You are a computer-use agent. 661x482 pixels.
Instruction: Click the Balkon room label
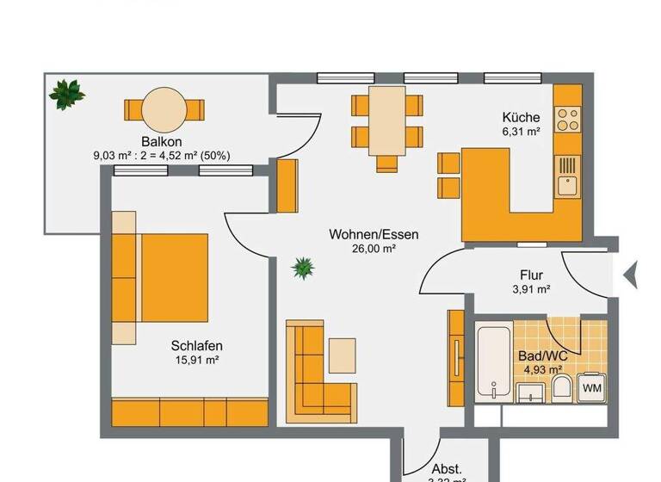tap(163, 142)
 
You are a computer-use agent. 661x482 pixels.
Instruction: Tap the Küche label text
tap(522, 118)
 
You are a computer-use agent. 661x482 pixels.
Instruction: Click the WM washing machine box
tap(591, 388)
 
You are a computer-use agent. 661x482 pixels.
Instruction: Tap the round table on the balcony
tap(164, 109)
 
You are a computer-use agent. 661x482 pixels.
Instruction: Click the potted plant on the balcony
tap(66, 93)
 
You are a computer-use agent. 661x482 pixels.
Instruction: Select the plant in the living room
tap(303, 269)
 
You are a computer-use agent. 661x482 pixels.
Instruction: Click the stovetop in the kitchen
tap(568, 118)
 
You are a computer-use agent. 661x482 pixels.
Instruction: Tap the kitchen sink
tap(566, 183)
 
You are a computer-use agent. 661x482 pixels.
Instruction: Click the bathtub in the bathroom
tap(495, 361)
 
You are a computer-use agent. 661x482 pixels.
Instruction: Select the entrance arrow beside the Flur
tap(631, 275)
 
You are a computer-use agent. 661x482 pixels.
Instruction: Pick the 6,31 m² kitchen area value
tap(522, 132)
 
